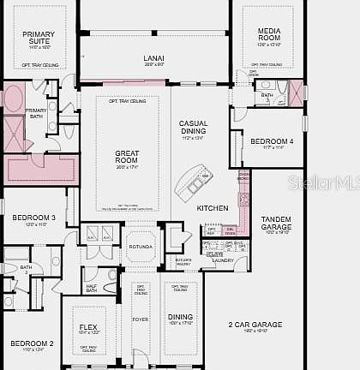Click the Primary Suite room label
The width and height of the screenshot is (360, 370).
click(38, 37)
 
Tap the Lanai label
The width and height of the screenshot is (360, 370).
click(154, 58)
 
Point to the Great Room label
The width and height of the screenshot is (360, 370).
click(127, 156)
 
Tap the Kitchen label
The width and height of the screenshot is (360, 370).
click(213, 208)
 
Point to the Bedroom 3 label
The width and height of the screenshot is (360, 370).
click(34, 218)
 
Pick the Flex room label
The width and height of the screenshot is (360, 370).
click(88, 326)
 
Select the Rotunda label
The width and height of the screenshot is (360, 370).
click(141, 247)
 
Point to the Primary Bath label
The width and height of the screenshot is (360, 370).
click(36, 114)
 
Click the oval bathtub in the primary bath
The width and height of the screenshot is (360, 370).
click(15, 99)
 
